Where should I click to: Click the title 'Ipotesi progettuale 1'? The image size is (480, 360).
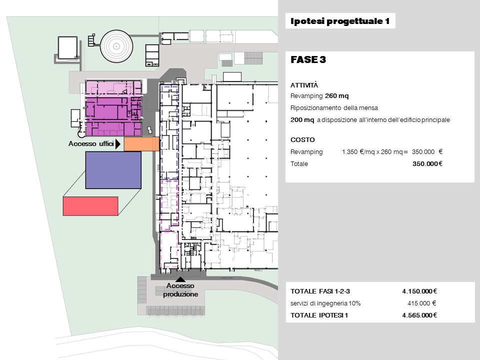click(x=340, y=21)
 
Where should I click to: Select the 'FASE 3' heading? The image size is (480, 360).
click(x=308, y=59)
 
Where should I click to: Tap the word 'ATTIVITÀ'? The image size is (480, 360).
click(x=304, y=85)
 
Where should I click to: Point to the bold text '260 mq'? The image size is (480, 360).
click(x=336, y=96)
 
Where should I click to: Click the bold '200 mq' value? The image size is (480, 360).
click(x=302, y=119)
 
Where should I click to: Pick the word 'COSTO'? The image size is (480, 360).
click(x=302, y=140)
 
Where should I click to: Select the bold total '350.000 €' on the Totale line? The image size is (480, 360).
click(x=427, y=164)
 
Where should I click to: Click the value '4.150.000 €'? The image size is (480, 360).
click(x=419, y=291)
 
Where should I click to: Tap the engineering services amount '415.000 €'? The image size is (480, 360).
click(x=421, y=303)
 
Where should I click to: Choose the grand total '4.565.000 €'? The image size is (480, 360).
click(x=419, y=315)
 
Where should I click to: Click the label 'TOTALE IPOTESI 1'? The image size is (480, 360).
click(x=319, y=315)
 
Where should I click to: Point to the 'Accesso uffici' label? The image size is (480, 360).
click(x=91, y=143)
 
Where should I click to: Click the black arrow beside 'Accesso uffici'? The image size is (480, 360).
click(x=117, y=144)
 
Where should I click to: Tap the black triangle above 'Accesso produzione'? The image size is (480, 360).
click(x=180, y=279)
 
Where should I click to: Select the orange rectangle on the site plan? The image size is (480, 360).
click(x=141, y=144)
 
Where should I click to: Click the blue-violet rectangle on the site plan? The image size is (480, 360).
click(x=113, y=170)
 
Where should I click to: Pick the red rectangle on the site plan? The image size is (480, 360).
click(x=90, y=206)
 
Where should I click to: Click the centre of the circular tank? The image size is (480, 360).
click(x=116, y=46)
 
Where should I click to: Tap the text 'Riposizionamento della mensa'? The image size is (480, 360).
click(x=334, y=108)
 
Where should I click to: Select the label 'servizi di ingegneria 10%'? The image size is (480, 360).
click(x=325, y=303)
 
